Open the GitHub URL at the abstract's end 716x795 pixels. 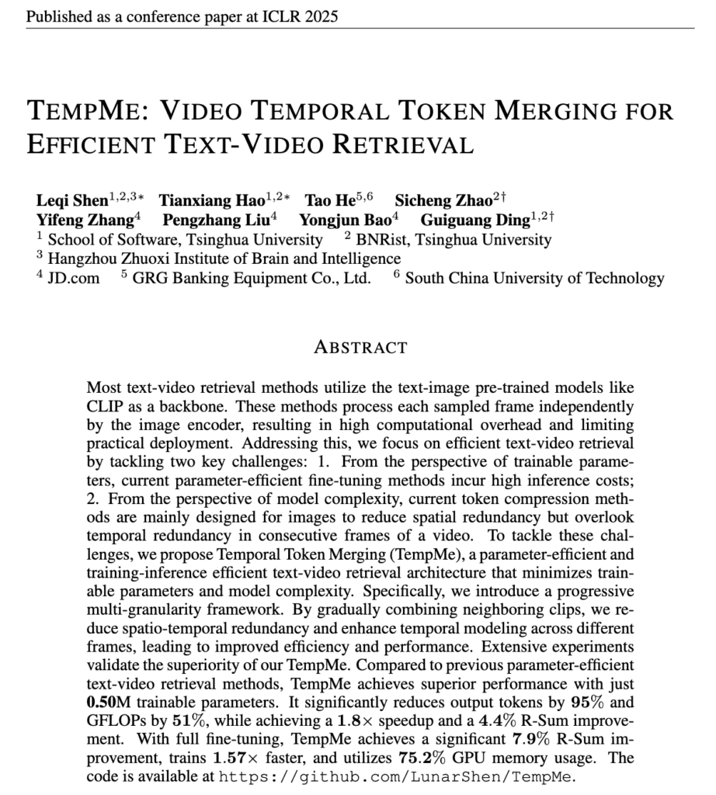click(x=396, y=776)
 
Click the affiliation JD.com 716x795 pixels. click(x=74, y=278)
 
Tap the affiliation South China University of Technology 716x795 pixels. click(x=534, y=278)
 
